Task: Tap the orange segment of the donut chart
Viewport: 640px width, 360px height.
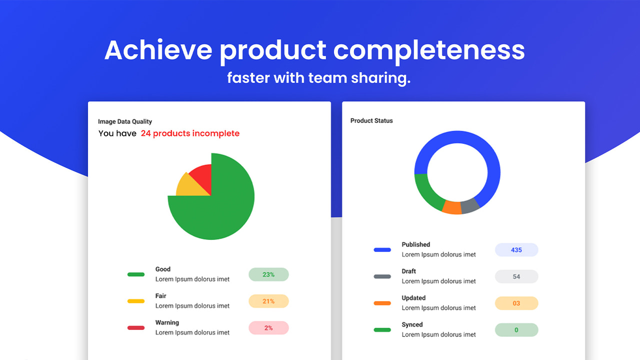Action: [x=452, y=207]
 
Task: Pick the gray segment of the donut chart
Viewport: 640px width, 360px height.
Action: [x=469, y=205]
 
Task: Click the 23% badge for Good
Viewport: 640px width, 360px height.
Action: [x=268, y=274]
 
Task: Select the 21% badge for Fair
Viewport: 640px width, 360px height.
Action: [x=268, y=301]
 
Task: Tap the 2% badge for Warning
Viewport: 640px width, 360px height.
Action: [x=268, y=328]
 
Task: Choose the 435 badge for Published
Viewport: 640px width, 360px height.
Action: [x=516, y=250]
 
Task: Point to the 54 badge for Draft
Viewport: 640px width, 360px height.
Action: [x=516, y=276]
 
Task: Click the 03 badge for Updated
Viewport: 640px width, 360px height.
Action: [x=516, y=303]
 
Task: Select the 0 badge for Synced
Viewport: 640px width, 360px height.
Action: [x=516, y=330]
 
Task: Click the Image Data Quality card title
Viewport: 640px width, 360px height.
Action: [x=125, y=121]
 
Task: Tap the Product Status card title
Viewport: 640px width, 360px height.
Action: [x=371, y=120]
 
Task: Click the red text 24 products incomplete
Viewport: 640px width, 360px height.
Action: [x=190, y=133]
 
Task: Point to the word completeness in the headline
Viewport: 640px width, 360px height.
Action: [x=429, y=50]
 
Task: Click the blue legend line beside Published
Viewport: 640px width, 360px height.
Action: [x=382, y=250]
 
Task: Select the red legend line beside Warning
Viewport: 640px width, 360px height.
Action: [x=136, y=328]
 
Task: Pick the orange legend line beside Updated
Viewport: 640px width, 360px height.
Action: [x=382, y=303]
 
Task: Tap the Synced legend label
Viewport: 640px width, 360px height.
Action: [x=412, y=324]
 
